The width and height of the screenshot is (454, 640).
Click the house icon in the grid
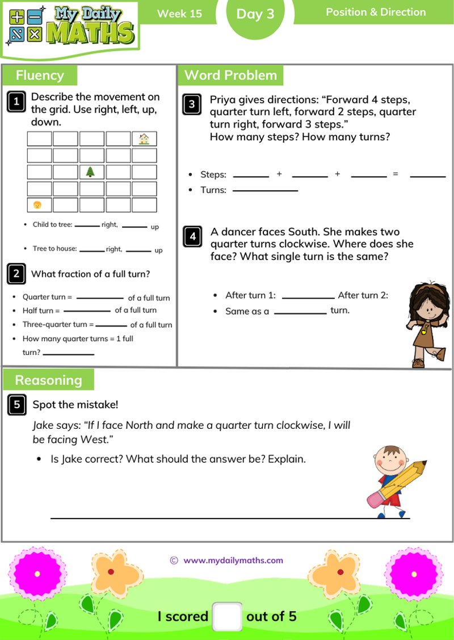144,139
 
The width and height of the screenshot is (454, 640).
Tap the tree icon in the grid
91,171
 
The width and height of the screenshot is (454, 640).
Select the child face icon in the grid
39,204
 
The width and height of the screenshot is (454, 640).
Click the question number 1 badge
16,102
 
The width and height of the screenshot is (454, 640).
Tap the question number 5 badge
16,404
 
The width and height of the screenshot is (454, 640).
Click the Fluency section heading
40,75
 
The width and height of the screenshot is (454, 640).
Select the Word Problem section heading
230,75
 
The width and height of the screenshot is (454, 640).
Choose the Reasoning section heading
48,380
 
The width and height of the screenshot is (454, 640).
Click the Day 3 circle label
255,14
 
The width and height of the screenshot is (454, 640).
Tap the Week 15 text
179,14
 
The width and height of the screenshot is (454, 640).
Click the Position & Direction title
376,12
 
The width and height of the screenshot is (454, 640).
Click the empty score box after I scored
227,616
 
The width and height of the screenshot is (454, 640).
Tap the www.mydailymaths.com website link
233,560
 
